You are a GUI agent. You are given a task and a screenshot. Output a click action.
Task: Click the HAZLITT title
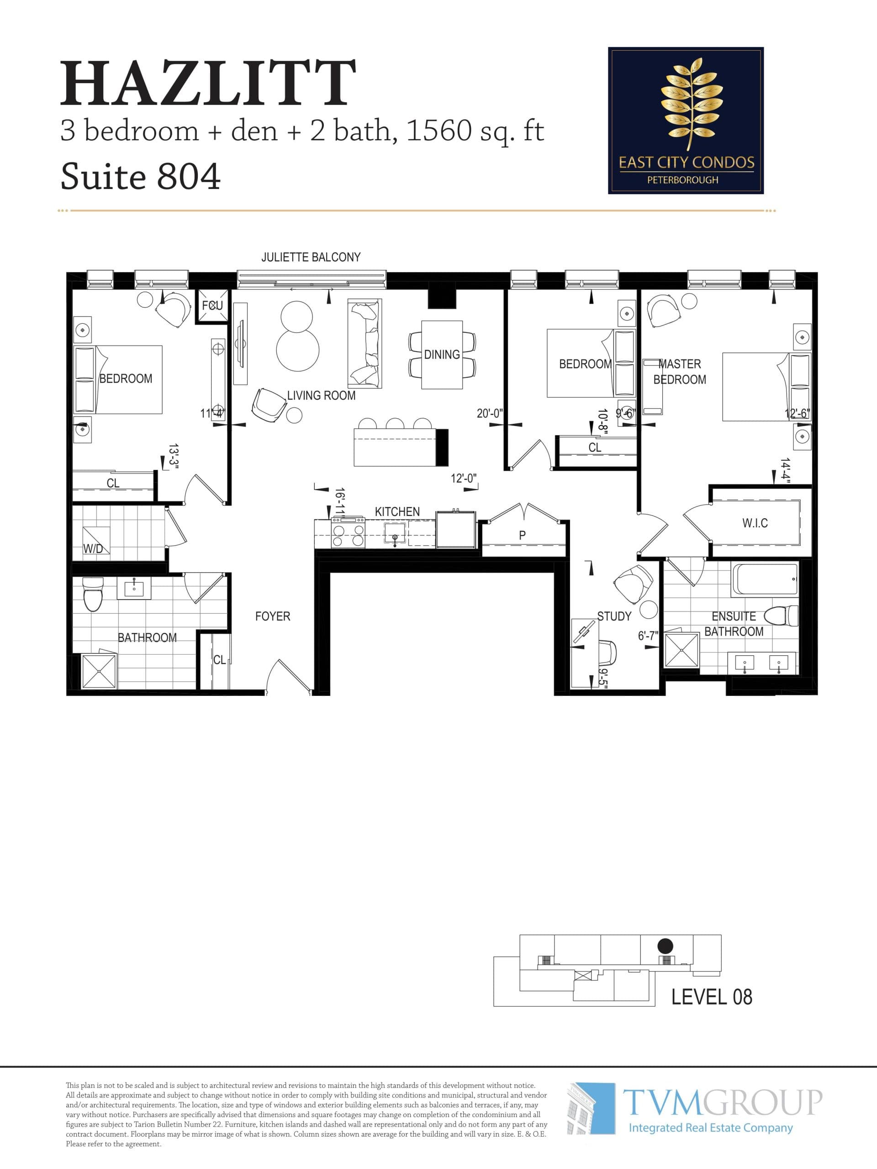click(x=208, y=84)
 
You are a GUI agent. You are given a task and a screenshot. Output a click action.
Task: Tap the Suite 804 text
click(x=140, y=177)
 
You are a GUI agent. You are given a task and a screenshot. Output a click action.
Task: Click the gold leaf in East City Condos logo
click(x=691, y=104)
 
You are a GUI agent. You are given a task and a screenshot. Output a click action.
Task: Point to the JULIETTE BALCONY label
click(x=311, y=258)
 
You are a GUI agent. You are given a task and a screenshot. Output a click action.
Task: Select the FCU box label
click(x=212, y=305)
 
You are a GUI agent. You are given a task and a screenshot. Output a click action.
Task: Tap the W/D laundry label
click(x=93, y=548)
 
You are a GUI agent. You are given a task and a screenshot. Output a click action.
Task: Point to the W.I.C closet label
click(x=755, y=523)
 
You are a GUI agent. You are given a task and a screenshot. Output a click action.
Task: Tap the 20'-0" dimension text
click(x=490, y=413)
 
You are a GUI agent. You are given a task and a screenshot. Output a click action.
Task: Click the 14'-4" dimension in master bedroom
click(x=785, y=471)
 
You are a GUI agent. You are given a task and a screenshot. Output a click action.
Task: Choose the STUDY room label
click(x=614, y=616)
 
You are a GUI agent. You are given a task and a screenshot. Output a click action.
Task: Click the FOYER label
click(x=272, y=616)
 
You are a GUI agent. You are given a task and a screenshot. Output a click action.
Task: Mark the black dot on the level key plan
click(x=665, y=946)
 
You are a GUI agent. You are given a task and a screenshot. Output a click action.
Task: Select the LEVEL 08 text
click(x=711, y=997)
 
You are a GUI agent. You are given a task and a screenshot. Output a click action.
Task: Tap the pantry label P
click(x=522, y=535)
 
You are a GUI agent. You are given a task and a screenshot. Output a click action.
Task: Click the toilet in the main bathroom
click(x=93, y=595)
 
